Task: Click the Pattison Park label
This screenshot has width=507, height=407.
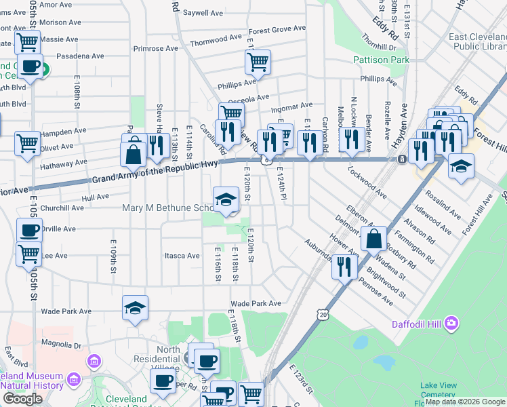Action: tap(382, 60)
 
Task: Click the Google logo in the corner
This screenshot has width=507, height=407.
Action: tap(22, 398)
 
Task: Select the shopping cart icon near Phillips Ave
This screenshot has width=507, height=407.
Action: tap(258, 62)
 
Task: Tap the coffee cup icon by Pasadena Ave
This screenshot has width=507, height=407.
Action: tap(31, 66)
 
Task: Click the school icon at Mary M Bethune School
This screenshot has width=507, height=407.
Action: tap(226, 199)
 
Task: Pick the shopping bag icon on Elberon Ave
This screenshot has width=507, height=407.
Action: tap(373, 238)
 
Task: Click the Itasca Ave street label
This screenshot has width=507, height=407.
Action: tap(182, 256)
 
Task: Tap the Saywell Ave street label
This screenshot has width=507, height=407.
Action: tap(203, 13)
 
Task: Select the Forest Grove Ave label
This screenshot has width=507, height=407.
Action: tap(277, 30)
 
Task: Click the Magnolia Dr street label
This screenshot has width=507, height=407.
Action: tap(61, 343)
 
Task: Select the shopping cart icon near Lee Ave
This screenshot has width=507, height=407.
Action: tap(28, 254)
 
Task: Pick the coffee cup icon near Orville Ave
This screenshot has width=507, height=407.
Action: tap(29, 230)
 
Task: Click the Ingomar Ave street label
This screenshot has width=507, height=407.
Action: tap(291, 106)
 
